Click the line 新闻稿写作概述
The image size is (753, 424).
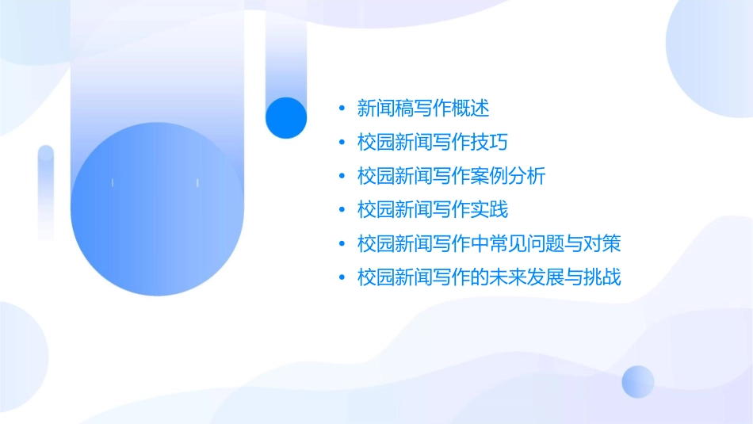pyautogui.click(x=423, y=107)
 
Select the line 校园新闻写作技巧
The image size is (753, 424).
pyautogui.click(x=432, y=142)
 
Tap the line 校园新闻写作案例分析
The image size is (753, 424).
pyautogui.click(x=451, y=176)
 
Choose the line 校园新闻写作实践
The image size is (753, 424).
pyautogui.click(x=432, y=210)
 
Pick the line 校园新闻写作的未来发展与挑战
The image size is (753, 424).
pyautogui.click(x=489, y=277)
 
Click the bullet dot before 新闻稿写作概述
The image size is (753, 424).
pyautogui.click(x=342, y=108)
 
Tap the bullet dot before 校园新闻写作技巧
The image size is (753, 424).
pyautogui.click(x=342, y=143)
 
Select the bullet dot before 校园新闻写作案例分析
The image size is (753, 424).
pyautogui.click(x=342, y=177)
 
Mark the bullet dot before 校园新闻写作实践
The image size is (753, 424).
pyautogui.click(x=342, y=211)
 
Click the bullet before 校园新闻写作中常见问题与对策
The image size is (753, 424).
pyautogui.click(x=342, y=244)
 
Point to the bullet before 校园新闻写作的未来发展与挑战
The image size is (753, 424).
pyautogui.click(x=342, y=278)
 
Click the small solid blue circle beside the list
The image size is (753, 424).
pyautogui.click(x=286, y=117)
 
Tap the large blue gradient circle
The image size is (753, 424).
pyautogui.click(x=155, y=210)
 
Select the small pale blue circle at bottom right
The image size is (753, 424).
pyautogui.click(x=638, y=381)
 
